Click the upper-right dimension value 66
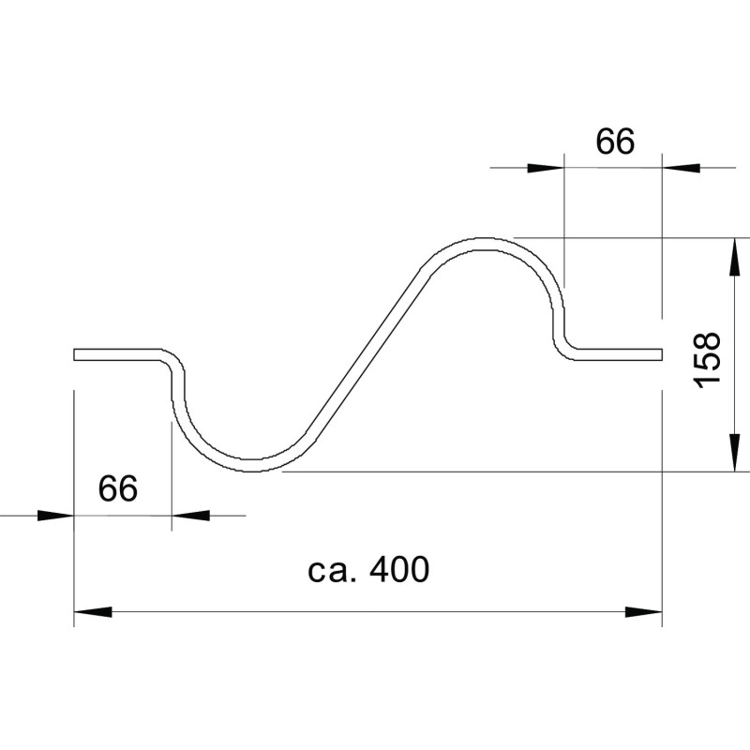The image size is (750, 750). point(615,142)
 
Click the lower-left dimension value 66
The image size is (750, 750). point(118,488)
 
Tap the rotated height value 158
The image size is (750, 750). point(707,360)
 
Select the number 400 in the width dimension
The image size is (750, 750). point(400,569)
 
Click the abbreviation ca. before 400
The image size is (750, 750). point(333,571)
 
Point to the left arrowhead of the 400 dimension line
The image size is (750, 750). point(93,612)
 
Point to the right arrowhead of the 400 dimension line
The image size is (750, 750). point(644,612)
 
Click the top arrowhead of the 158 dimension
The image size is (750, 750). point(734,257)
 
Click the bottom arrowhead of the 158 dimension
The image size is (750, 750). point(734,453)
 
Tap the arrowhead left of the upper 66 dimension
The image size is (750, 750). point(546,168)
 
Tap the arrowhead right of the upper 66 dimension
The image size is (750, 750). point(682,168)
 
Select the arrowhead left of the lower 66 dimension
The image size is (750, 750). point(55,516)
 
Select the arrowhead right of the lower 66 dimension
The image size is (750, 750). point(190,516)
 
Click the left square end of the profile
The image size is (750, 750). point(75,354)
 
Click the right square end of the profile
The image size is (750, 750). point(662,354)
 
